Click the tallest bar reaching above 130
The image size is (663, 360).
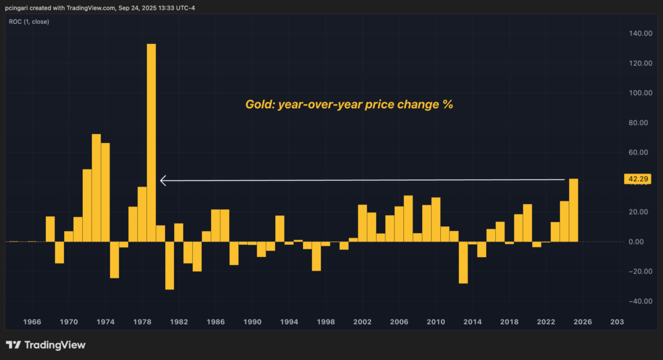[x=152, y=142]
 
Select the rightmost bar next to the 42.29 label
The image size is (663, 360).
[x=573, y=210]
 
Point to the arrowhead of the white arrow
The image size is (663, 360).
[x=163, y=181]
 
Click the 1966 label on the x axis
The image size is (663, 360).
[x=32, y=322]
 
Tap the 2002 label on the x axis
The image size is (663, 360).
[x=363, y=322]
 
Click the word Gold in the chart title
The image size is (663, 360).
[x=259, y=104]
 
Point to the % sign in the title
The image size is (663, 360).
[x=447, y=104]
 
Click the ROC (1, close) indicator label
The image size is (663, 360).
[x=28, y=21]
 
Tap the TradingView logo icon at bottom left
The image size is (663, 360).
[x=13, y=345]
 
